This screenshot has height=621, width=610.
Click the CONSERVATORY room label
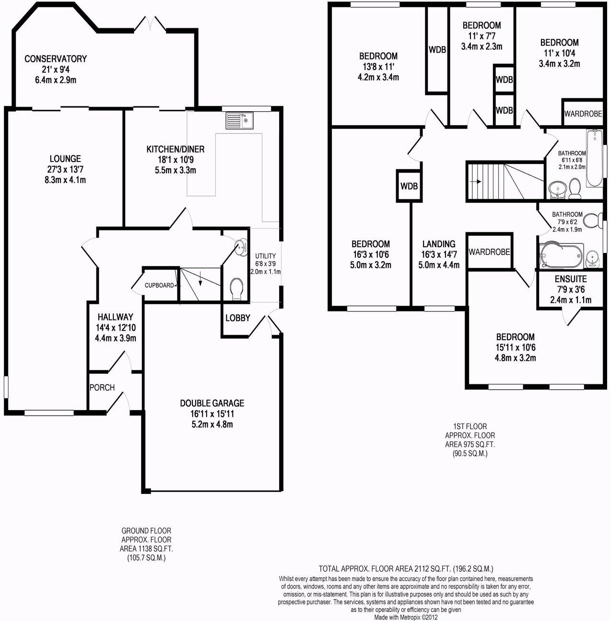click(56, 59)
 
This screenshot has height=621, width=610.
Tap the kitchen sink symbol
click(240, 120)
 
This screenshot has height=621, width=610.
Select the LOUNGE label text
click(65, 159)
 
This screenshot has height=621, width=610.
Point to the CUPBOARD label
click(159, 286)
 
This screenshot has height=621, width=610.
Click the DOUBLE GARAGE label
click(212, 403)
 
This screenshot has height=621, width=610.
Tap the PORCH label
click(102, 387)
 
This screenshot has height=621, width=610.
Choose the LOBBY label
click(238, 318)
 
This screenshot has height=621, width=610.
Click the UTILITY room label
click(265, 255)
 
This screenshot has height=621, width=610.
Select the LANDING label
click(439, 244)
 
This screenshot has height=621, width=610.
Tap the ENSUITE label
click(571, 279)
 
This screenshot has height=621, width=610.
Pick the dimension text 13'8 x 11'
click(378, 66)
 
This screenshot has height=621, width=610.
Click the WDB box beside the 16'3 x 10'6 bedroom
click(409, 185)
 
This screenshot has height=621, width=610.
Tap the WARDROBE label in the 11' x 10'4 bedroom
click(583, 114)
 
